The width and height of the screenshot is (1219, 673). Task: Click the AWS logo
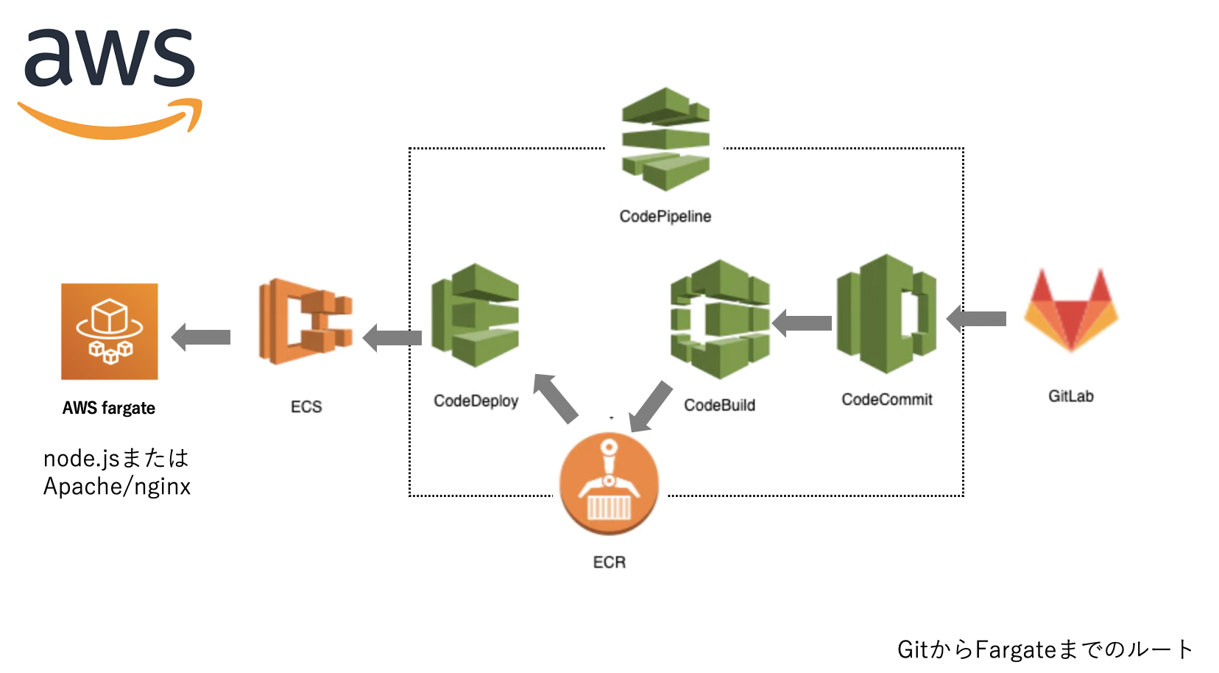point(110,81)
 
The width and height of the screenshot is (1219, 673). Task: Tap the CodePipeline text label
point(665,216)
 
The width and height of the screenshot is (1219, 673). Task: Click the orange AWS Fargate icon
point(110,331)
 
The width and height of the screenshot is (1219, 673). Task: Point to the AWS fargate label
point(109,408)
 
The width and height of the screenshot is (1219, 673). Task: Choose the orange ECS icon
point(305,321)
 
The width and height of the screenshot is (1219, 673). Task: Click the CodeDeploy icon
point(476,315)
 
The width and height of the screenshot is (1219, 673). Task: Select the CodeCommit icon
point(886,314)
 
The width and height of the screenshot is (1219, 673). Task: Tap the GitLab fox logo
point(1071,310)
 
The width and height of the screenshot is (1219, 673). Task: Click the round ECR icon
point(609,483)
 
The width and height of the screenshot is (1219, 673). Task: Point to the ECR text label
point(609,563)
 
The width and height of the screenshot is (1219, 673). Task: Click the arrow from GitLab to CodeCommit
point(977,319)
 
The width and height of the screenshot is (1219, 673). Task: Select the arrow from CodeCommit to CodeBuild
point(802,323)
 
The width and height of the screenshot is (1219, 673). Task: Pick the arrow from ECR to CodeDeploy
point(556,398)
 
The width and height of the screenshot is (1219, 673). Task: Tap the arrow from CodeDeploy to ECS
point(392,338)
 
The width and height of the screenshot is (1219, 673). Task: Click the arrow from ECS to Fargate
point(201,337)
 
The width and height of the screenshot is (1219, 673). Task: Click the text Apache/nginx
point(117,487)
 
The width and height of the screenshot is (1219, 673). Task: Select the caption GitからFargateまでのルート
point(1045,649)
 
